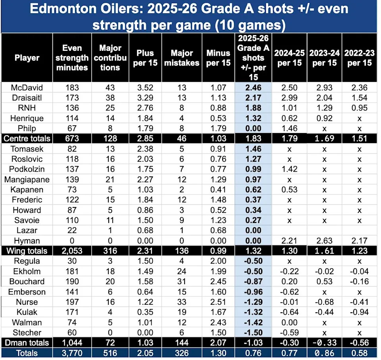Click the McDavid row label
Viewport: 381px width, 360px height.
click(27, 87)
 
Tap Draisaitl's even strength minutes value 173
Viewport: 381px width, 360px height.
click(72, 98)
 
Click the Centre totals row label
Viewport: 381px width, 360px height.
click(27, 139)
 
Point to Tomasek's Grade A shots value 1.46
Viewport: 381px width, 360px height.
click(254, 149)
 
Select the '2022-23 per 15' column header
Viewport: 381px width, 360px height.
click(358, 58)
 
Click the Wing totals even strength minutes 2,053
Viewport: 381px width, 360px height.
click(72, 251)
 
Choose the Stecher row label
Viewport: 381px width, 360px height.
click(27, 333)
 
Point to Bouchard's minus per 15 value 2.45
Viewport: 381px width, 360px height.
click(218, 282)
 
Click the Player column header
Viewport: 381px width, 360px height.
click(27, 58)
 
